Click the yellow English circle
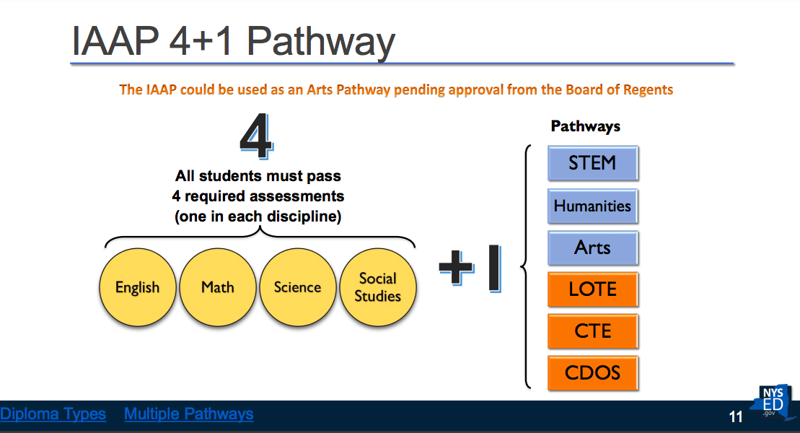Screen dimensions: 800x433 coord(138,287)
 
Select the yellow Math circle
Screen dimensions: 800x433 coord(218,287)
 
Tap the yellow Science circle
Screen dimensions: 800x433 coord(298,287)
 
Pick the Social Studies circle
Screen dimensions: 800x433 coord(378,287)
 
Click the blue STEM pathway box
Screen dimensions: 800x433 coord(593,163)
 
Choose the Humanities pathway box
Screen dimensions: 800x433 coord(593,206)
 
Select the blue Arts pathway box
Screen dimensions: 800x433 coord(593,248)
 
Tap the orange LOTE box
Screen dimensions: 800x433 coord(593,289)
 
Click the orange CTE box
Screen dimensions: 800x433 coord(593,331)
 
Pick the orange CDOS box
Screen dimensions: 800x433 coord(593,373)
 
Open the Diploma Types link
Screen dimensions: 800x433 coord(53,414)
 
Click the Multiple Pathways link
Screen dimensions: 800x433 coord(189,414)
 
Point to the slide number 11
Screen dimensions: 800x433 coord(736,417)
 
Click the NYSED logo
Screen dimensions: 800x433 coord(771,403)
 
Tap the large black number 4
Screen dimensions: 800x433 coord(257,136)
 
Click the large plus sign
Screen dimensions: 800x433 coord(457,268)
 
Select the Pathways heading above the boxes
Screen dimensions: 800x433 coord(586,126)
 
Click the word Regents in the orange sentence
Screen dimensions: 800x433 coord(648,90)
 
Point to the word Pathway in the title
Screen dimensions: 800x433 coord(321,42)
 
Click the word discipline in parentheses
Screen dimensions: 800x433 coord(301,216)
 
